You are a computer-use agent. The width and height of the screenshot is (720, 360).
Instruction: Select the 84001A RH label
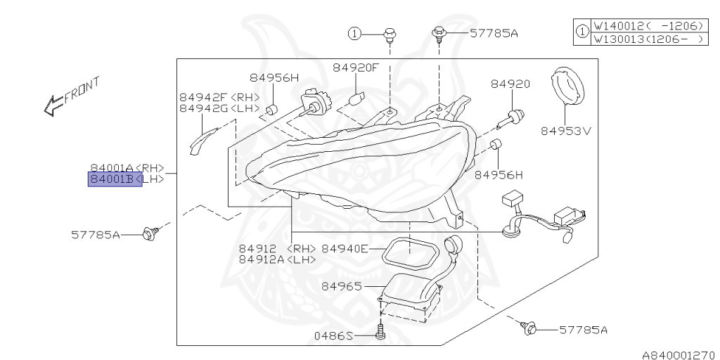(x=127, y=168)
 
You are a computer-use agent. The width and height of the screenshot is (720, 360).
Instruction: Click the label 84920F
(x=356, y=67)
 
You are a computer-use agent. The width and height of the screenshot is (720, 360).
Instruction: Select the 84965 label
(x=342, y=286)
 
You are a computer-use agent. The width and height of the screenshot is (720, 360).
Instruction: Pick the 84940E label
(x=345, y=248)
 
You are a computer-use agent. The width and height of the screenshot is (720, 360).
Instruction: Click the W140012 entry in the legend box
(x=648, y=26)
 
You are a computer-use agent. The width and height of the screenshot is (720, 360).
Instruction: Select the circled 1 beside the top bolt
(x=356, y=32)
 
